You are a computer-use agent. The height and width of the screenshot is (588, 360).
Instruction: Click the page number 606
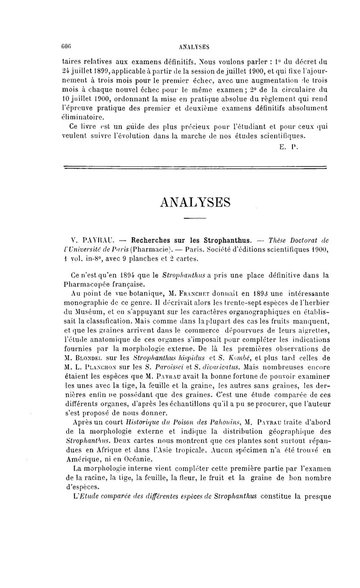click(67, 46)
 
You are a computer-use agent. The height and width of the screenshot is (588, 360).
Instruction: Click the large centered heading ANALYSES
click(195, 202)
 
